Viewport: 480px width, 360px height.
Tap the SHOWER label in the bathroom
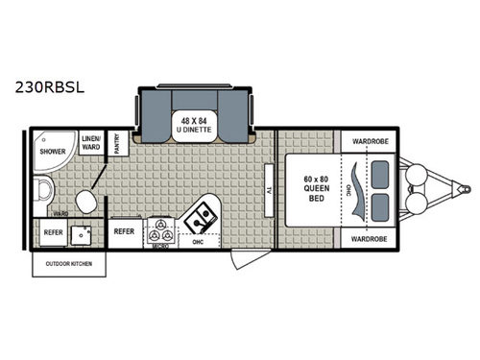tap(52, 152)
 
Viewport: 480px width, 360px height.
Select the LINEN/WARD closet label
tap(91, 141)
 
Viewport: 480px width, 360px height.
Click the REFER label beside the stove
tap(124, 231)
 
